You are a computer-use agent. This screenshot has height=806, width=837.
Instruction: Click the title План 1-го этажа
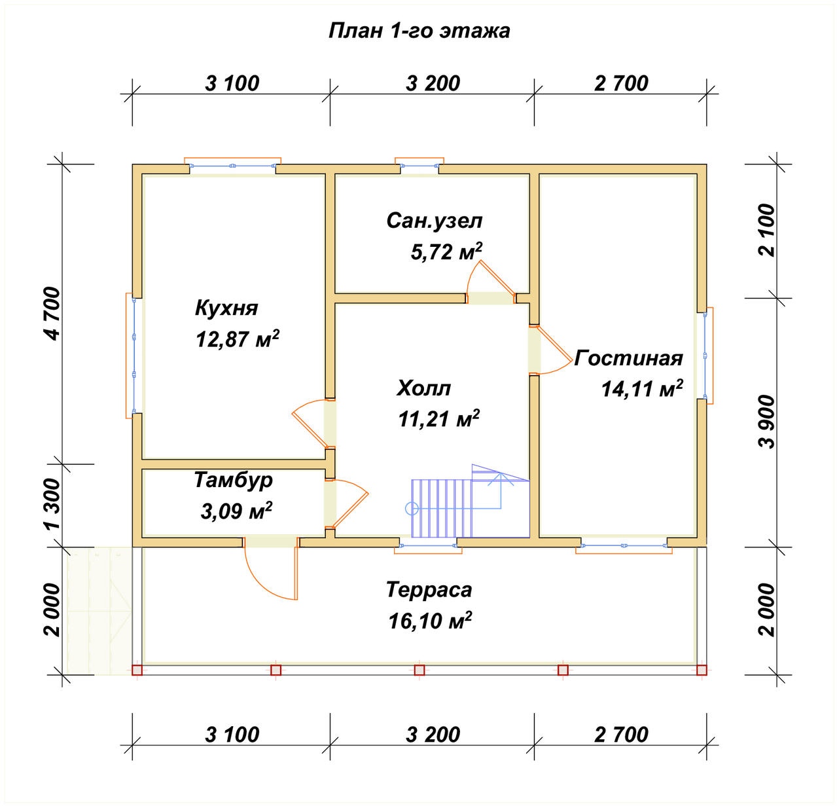coord(419,31)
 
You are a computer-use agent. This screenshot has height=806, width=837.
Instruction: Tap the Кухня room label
coord(226,308)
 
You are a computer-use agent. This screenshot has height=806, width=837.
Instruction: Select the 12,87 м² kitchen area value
coord(238,339)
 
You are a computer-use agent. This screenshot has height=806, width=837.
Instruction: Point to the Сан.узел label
coord(435,221)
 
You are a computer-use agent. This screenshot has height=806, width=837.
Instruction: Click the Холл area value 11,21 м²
coord(438,418)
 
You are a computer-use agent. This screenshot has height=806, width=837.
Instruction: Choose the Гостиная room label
coord(628,358)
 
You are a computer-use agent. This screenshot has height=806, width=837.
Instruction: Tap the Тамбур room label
coord(234,480)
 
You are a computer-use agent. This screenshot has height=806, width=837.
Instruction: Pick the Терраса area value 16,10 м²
coord(430,620)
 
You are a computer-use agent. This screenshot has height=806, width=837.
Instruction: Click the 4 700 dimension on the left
coord(53,313)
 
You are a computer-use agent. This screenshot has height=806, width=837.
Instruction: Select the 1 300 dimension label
coord(53,504)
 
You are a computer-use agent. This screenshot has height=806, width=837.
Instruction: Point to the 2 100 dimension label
coord(766,230)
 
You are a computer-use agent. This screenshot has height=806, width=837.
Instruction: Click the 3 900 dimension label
coord(766,422)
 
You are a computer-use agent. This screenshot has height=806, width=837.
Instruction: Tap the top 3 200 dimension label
coord(433,84)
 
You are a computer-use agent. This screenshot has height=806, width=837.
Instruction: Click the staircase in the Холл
coord(470,502)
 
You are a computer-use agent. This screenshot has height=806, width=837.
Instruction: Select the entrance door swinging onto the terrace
coord(271,568)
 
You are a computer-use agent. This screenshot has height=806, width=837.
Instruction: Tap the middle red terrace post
coord(419,670)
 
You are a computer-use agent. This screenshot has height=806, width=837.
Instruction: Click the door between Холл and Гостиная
coord(550,350)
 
